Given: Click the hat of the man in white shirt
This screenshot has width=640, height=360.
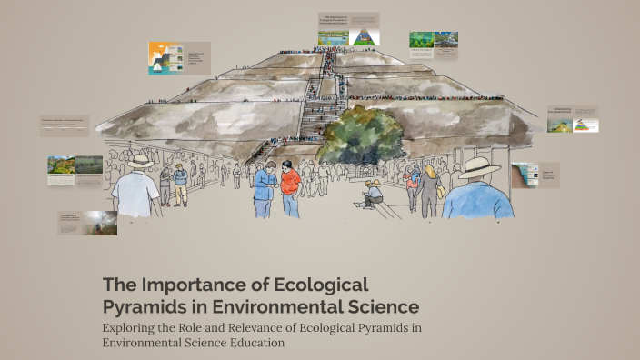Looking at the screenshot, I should coord(140,161).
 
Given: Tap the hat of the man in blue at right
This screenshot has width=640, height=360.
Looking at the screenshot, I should coord(478,167).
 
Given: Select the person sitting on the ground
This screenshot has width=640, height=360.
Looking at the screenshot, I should coord(373,194).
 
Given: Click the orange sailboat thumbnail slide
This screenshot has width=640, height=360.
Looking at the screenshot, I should coord(166,57).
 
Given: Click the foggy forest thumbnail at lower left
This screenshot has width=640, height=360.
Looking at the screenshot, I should coord(100,224).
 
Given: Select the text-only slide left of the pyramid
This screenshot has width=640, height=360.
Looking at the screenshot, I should coord(64,125).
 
